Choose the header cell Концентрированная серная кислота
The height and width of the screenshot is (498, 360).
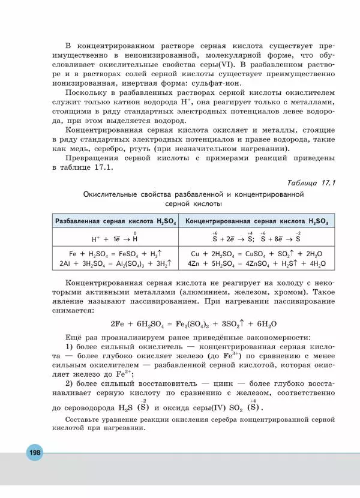pos(257,221)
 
